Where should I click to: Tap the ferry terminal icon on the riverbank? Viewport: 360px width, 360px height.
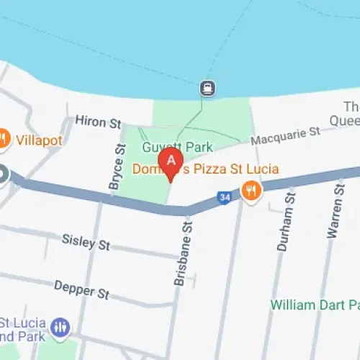tap(207, 88)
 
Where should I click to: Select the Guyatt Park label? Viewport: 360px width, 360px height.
tap(177, 147)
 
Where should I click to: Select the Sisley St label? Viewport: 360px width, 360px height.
tap(86, 241)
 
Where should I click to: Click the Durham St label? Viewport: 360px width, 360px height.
tap(284, 221)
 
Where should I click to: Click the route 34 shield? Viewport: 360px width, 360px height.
tap(225, 197)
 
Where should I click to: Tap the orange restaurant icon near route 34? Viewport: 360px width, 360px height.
tap(251, 190)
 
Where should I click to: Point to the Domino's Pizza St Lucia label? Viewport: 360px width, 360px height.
tap(205, 170)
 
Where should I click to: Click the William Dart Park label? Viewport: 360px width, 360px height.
tap(315, 305)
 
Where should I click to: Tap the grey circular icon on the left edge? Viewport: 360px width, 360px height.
tap(2, 175)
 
